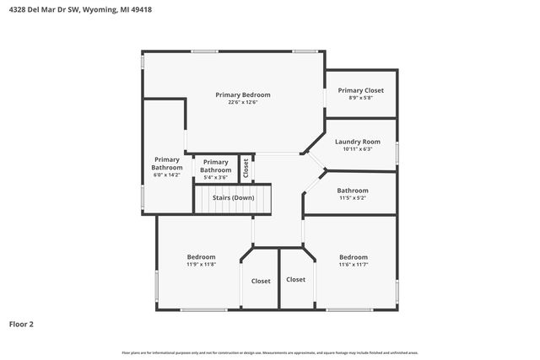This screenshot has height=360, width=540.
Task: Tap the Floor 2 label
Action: point(22,323)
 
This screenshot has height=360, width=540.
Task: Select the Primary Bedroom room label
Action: point(243,94)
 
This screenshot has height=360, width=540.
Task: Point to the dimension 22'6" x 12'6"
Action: point(243,103)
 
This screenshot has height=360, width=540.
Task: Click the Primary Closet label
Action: point(360,90)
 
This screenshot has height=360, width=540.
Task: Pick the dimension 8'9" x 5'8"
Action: point(360,98)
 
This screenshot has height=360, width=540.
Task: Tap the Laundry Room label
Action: point(357,142)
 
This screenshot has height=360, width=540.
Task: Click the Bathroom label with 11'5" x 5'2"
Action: point(353,191)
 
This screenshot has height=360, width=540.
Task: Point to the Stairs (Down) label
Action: point(234,197)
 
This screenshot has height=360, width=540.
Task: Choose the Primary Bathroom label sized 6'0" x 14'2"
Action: point(166,163)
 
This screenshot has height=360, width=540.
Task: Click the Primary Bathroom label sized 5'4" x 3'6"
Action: point(215,165)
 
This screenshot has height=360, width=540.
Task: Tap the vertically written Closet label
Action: point(246,168)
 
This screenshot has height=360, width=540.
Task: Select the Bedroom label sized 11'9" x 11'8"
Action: point(201,257)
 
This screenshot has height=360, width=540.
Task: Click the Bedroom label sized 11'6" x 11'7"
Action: point(354,257)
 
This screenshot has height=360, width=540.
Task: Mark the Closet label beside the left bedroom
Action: point(261,281)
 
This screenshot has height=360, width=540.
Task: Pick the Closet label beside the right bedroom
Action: point(295,279)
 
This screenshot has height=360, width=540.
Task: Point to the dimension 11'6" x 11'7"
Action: point(354,265)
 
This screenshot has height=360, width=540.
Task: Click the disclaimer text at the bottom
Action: point(270,352)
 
